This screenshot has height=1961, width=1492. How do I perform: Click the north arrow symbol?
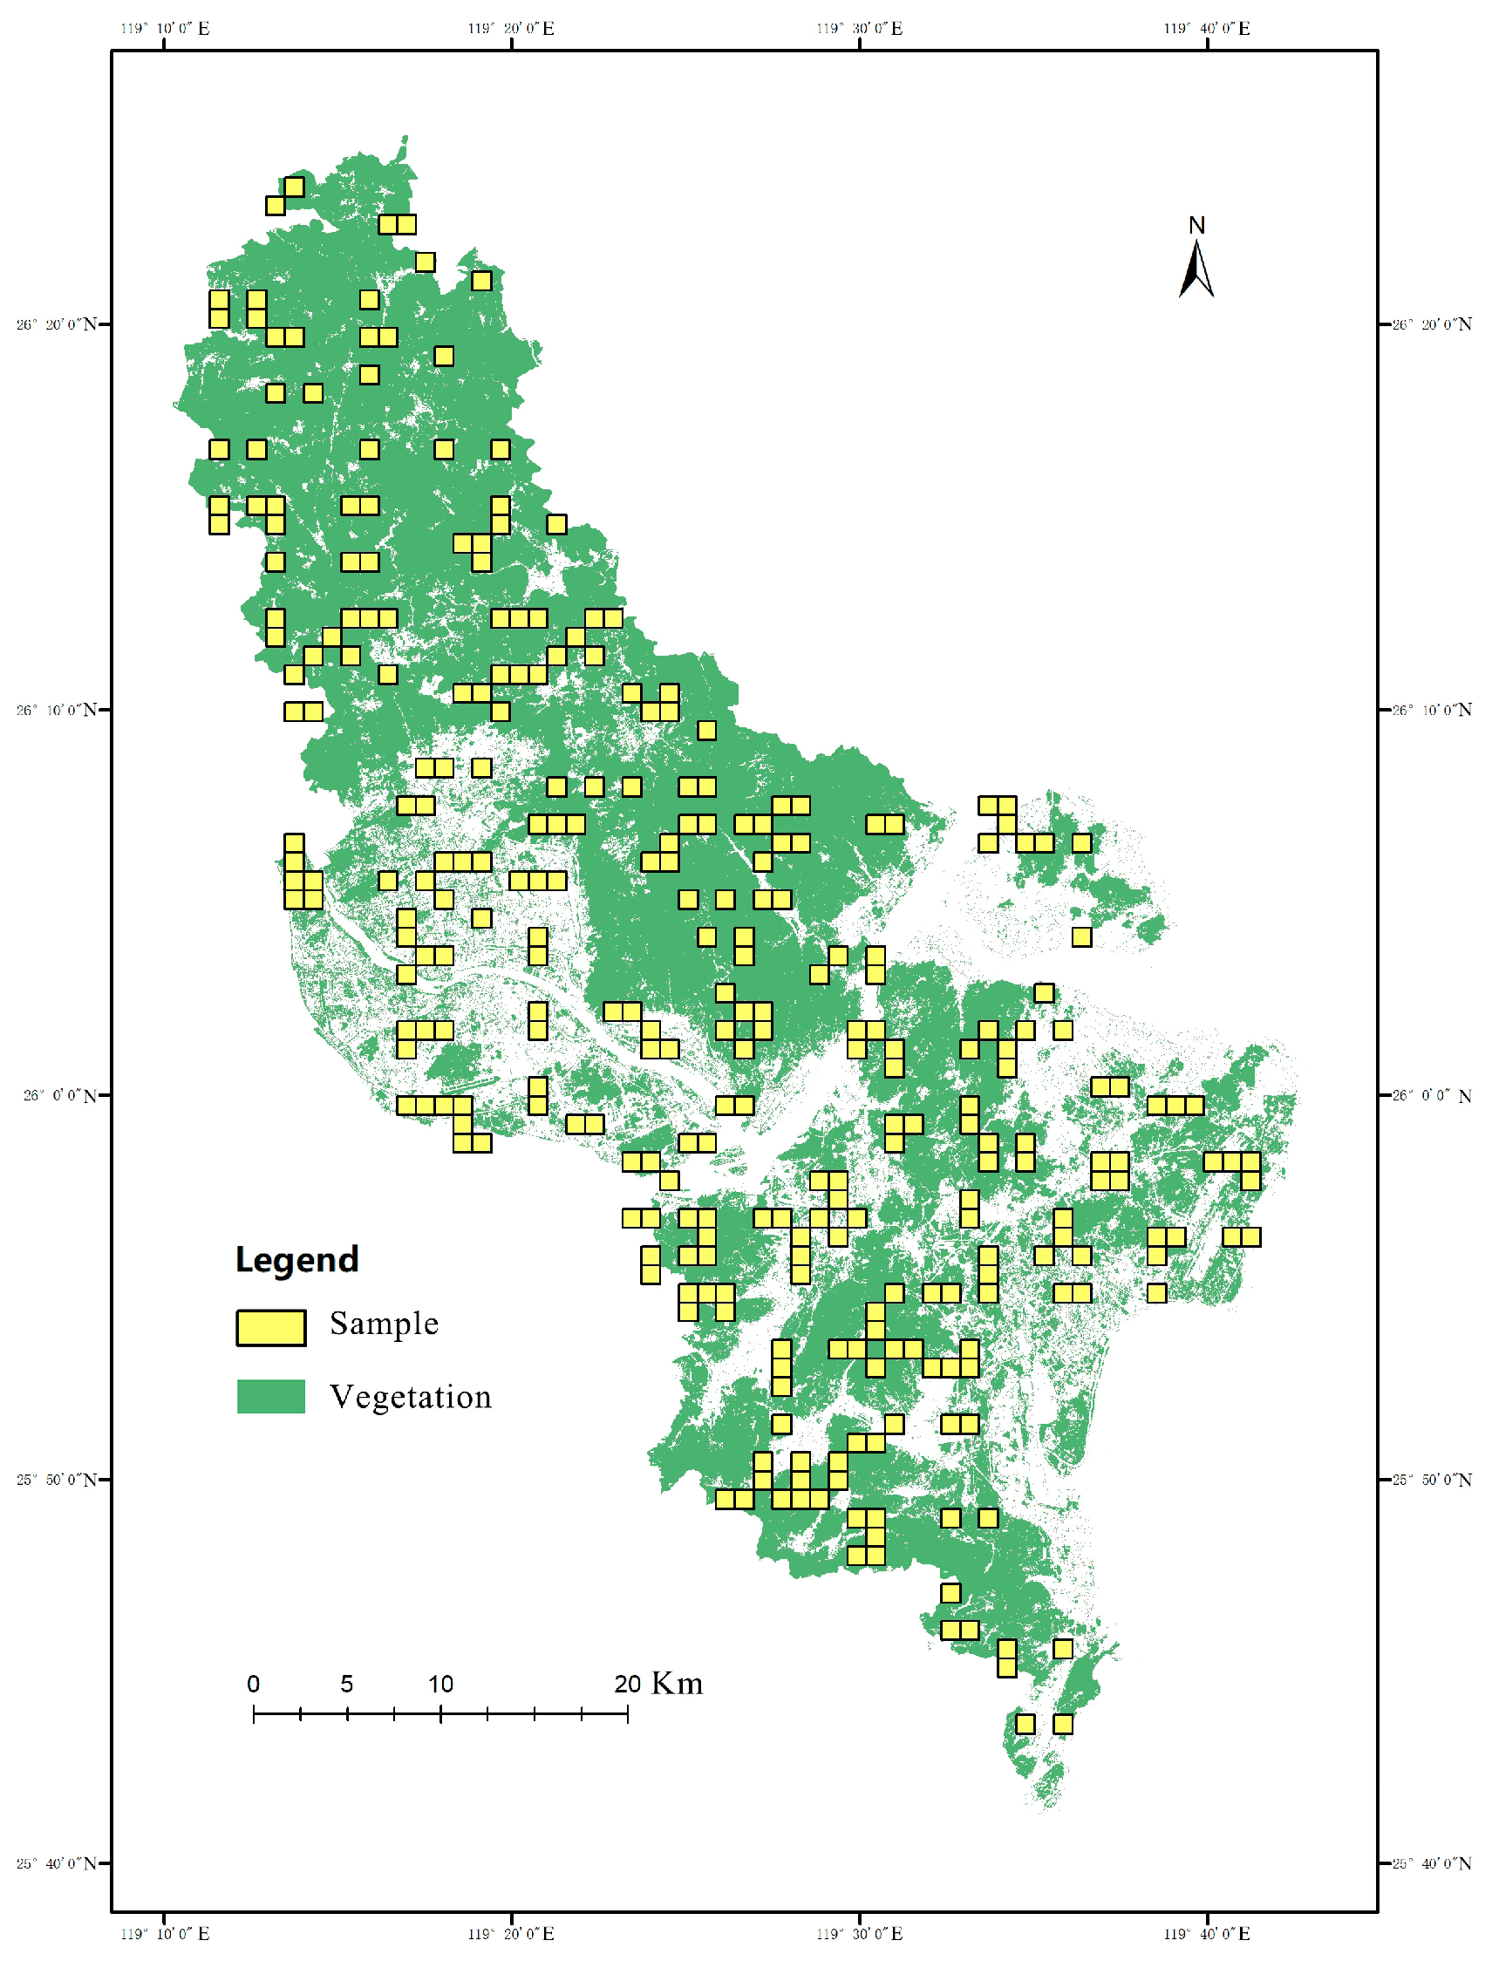[x=1196, y=270]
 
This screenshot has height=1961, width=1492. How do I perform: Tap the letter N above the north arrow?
[x=1196, y=226]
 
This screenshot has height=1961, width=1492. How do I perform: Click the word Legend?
[x=296, y=1260]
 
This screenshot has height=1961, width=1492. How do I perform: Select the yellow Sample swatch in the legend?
[x=271, y=1328]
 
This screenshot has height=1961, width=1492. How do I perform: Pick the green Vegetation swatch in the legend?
[x=271, y=1396]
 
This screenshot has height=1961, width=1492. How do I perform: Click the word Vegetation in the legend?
[x=411, y=1397]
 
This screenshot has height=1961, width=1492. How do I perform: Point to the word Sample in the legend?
[x=384, y=1324]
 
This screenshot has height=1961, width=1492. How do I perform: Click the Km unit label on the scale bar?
[x=678, y=1684]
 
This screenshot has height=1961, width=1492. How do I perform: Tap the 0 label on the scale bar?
[x=253, y=1684]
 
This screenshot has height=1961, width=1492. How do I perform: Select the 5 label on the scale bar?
[x=346, y=1684]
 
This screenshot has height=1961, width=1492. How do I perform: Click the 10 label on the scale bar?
[x=440, y=1684]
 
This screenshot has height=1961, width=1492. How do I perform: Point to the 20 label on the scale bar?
[x=627, y=1684]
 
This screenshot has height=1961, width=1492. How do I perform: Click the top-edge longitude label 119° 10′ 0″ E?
[x=165, y=29]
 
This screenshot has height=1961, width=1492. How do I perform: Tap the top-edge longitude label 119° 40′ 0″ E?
[x=1207, y=29]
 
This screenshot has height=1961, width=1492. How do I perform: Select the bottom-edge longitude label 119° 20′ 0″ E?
[x=512, y=1933]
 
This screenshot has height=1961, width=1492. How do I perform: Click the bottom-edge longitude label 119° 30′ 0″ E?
[x=860, y=1933]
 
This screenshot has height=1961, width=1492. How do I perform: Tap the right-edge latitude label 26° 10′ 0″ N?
[x=1432, y=710]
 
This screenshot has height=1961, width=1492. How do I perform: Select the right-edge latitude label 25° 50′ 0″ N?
[x=1432, y=1480]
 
